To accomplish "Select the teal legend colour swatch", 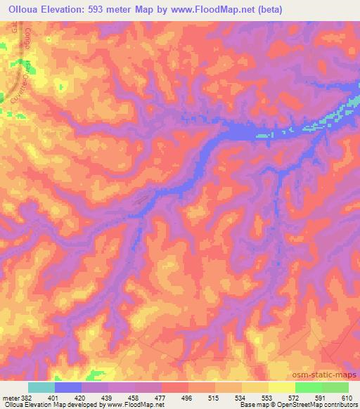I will coord(41,387).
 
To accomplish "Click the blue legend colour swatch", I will coord(68,387).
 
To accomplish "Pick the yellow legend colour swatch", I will coord(281,387).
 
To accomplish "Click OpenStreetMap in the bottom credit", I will coord(317,405).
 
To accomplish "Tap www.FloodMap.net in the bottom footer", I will coord(129,405).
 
